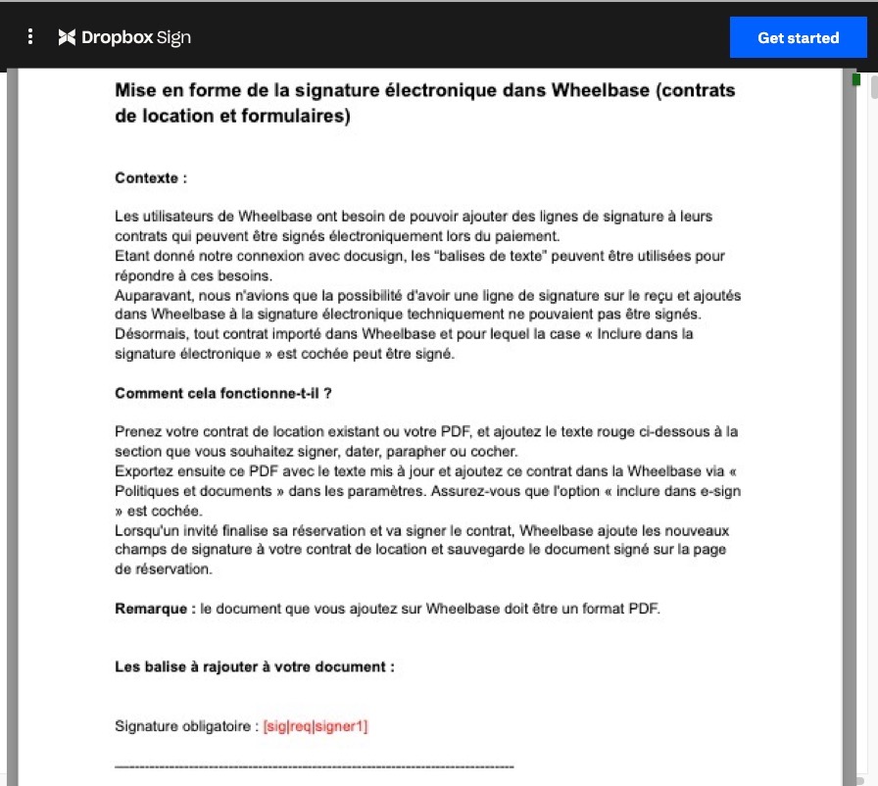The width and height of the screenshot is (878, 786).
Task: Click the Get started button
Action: (x=798, y=38)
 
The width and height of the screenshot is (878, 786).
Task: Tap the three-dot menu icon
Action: (x=30, y=37)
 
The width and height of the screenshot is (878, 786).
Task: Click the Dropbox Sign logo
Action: (x=124, y=37)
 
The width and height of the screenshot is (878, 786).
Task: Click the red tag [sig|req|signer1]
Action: (x=315, y=726)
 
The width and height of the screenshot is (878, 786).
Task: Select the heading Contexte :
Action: (x=151, y=178)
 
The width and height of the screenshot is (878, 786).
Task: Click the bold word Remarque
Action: (x=151, y=609)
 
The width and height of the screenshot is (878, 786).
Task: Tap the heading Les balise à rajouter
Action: (x=255, y=666)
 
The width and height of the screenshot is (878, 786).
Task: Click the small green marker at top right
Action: (x=856, y=78)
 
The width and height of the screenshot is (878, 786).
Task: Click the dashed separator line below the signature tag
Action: (x=314, y=765)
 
